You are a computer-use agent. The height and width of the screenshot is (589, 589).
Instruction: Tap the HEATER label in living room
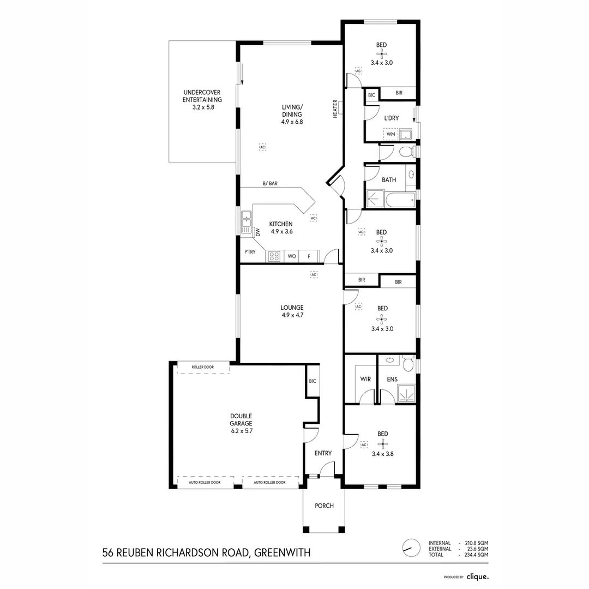[x=335, y=109]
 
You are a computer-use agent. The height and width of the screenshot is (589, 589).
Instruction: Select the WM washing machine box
[x=390, y=134]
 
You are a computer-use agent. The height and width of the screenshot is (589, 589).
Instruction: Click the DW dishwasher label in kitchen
[x=258, y=232]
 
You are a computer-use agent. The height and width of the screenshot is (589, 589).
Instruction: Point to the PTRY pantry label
[x=250, y=252]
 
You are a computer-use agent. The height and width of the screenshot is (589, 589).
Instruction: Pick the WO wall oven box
[x=292, y=256]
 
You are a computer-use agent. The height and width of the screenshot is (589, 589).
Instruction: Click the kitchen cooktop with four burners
[x=274, y=256]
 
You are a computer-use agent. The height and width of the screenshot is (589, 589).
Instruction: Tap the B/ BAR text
[x=270, y=184]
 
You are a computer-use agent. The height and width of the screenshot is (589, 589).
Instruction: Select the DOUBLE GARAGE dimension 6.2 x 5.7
[x=241, y=431]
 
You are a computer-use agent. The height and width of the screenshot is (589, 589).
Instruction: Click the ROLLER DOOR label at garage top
[x=203, y=368]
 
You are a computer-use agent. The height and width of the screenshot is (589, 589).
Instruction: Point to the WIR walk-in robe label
[x=365, y=379]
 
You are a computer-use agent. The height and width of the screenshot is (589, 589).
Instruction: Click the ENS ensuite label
[x=392, y=379]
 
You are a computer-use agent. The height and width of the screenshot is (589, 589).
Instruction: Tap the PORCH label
[x=324, y=506]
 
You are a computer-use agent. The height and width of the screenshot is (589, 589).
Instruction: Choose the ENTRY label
[x=323, y=453]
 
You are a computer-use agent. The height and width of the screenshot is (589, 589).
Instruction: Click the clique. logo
[x=477, y=576]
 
